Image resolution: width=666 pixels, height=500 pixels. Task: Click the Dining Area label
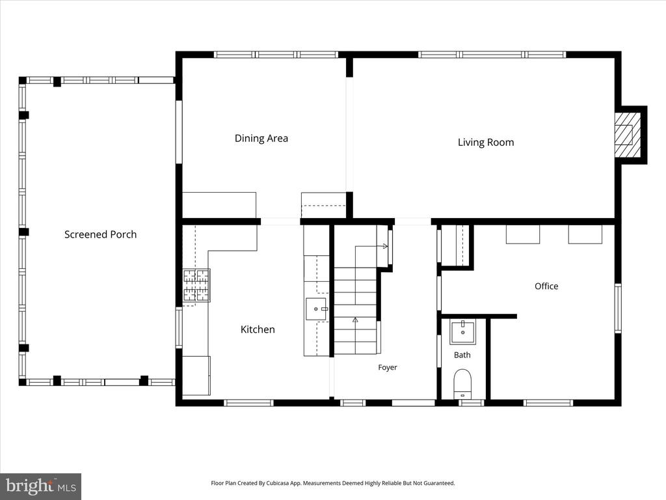click(261, 138)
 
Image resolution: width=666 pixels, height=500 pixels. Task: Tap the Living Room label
click(486, 143)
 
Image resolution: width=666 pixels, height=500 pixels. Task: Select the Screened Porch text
click(101, 234)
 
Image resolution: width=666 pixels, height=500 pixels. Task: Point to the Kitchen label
click(258, 329)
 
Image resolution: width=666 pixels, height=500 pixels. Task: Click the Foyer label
click(388, 367)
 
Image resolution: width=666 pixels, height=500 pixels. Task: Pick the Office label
click(546, 286)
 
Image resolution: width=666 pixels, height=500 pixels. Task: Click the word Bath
click(462, 355)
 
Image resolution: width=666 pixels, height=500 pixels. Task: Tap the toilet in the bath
click(462, 383)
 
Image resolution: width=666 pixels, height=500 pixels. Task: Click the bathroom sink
click(462, 331)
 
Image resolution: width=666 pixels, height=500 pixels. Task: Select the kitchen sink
click(317, 309)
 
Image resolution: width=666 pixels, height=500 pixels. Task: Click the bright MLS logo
click(41, 486)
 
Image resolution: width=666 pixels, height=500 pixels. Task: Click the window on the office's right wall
click(618, 308)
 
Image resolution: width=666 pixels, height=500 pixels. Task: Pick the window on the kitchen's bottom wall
click(249, 402)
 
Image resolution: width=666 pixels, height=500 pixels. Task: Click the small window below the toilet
click(471, 402)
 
